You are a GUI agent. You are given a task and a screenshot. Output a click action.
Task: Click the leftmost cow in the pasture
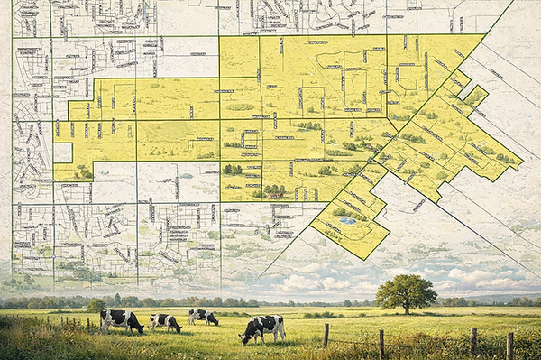(x=121, y=320)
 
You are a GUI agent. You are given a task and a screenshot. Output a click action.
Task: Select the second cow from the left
(x=165, y=321)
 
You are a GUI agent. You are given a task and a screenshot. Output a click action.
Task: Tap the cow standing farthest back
(x=204, y=317)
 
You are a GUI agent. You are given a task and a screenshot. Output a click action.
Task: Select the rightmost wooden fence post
(x=509, y=346)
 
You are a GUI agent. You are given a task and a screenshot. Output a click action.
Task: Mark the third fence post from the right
(x=382, y=343)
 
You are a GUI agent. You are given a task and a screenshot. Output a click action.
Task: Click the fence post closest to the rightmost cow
(x=326, y=335)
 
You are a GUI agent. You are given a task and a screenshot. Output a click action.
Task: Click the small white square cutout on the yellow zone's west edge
(x=62, y=152)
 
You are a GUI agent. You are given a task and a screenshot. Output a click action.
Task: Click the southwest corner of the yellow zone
(x=54, y=180)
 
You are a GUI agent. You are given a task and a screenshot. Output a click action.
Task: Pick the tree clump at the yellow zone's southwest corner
(x=83, y=171)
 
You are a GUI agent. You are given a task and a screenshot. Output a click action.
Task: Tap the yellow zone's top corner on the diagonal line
(x=484, y=35)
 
